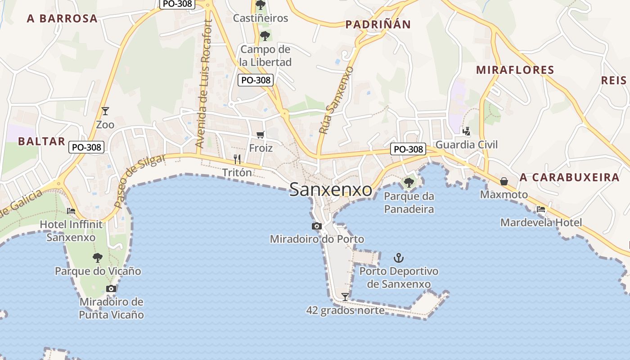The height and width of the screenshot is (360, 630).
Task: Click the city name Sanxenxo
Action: [x=331, y=189]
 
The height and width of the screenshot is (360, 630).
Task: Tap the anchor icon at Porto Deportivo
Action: [x=399, y=258]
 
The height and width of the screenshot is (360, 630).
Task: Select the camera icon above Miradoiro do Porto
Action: [x=317, y=226]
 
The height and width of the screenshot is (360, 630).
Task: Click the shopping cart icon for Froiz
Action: [x=261, y=135]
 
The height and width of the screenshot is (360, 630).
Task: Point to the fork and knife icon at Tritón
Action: [x=237, y=159]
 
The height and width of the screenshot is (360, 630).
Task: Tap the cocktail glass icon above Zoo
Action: [x=105, y=111]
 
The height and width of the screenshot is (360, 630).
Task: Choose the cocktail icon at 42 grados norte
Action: [x=345, y=297]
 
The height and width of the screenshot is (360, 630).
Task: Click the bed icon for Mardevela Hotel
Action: [x=541, y=209]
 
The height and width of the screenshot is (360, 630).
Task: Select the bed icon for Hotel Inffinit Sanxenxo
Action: [x=71, y=211]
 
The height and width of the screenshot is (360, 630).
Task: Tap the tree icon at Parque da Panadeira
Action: [x=409, y=182]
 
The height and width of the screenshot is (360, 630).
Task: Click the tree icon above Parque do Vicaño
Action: [x=98, y=258]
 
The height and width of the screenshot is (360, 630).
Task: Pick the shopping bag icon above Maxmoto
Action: [x=504, y=181]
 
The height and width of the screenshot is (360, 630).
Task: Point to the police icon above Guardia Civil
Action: [x=467, y=131]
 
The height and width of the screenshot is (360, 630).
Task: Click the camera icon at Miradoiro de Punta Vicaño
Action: [x=111, y=288]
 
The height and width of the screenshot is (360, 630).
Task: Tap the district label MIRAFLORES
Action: [x=515, y=70]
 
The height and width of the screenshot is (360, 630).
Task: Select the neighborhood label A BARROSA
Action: [x=62, y=18]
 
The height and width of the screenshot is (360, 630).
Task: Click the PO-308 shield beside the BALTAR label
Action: [x=87, y=147]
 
